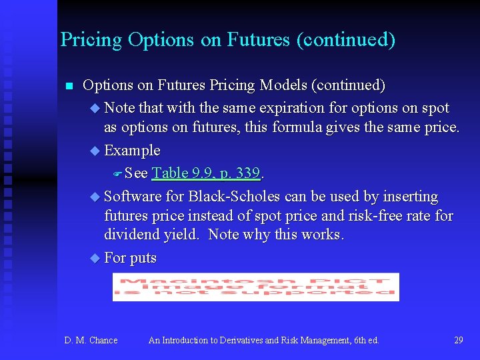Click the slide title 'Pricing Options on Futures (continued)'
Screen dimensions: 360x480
click(x=227, y=40)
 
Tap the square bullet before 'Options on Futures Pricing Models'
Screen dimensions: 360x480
click(x=67, y=86)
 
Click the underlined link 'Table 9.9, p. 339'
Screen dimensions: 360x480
click(x=205, y=173)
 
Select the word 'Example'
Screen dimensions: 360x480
click(x=132, y=151)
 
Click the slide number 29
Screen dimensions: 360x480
click(x=458, y=341)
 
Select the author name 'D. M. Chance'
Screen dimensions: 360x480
click(x=91, y=341)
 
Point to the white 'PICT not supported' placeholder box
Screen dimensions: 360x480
click(x=255, y=287)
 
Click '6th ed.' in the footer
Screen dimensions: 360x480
click(x=365, y=341)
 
